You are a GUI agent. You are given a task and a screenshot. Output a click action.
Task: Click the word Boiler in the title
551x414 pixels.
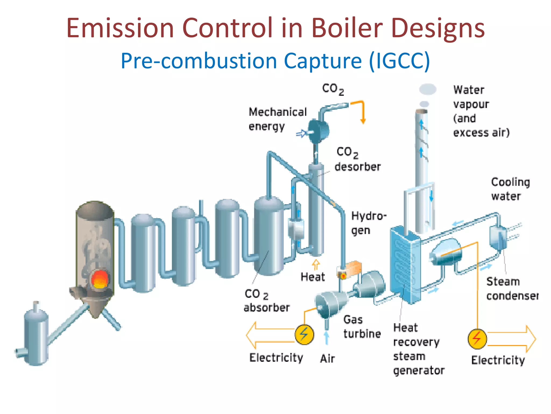(347, 28)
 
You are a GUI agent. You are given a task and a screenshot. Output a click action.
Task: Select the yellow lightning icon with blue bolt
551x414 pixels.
(304, 334)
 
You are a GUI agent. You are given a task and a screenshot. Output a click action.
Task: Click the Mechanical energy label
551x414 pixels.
(277, 119)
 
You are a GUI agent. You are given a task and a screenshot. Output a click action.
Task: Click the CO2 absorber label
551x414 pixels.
(266, 301)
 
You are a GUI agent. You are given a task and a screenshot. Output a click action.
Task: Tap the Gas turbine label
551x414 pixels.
(362, 327)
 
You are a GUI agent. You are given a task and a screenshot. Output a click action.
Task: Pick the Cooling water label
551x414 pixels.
(510, 189)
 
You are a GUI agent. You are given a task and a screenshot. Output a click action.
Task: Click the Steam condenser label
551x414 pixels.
(512, 289)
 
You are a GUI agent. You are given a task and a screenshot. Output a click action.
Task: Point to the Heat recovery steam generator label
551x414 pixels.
(418, 349)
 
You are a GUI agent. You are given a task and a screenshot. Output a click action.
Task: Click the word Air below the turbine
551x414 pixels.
(327, 359)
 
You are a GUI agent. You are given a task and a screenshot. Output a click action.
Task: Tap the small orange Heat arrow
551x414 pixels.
(316, 264)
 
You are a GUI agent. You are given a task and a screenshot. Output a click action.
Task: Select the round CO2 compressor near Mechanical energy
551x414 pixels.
(319, 132)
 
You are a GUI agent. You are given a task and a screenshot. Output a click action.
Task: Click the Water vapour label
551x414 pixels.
(481, 111)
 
